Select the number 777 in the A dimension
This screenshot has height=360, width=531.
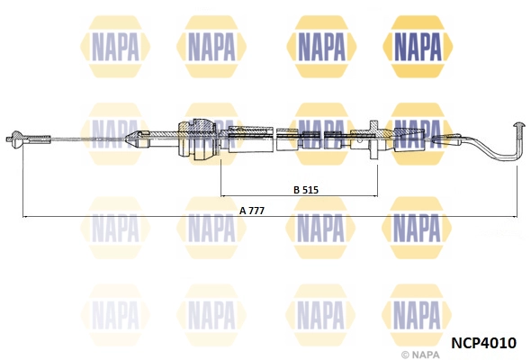pyautogui.click(x=258, y=211)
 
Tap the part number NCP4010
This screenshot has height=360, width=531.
pyautogui.click(x=482, y=343)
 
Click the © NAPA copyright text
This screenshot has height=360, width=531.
pyautogui.click(x=422, y=353)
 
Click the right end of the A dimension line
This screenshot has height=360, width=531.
pyautogui.click(x=517, y=217)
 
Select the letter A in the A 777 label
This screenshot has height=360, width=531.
pyautogui.click(x=242, y=211)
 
